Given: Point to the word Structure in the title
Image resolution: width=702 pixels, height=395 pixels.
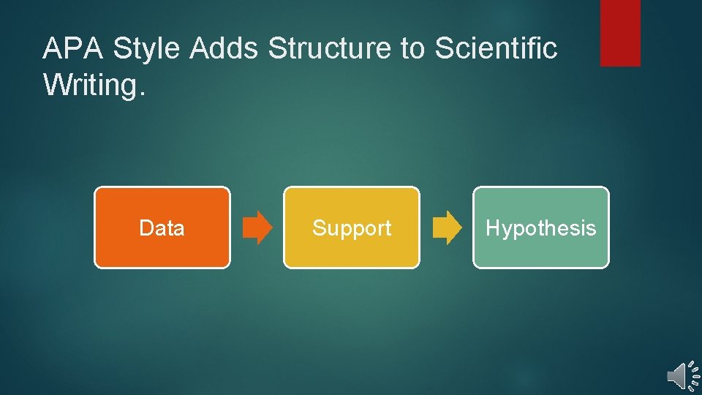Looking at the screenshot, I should [330, 49].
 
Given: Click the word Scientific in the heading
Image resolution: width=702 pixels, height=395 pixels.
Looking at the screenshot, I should [496, 49].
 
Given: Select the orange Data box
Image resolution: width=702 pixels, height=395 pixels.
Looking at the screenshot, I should [162, 227].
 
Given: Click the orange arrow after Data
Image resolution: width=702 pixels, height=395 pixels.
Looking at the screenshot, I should [257, 227].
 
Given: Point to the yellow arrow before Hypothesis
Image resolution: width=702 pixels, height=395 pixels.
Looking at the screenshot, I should [448, 227].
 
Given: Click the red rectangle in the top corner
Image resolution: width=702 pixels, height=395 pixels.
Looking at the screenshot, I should [620, 32].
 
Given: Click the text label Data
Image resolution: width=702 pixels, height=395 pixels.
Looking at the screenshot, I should [162, 228].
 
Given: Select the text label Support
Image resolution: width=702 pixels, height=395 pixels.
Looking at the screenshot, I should [352, 228].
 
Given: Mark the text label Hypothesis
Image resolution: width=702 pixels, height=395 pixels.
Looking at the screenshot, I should [541, 228].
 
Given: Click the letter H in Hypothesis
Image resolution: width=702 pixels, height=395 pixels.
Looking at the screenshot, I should [492, 227].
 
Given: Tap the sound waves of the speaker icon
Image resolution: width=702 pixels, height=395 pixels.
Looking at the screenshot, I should [692, 375].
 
